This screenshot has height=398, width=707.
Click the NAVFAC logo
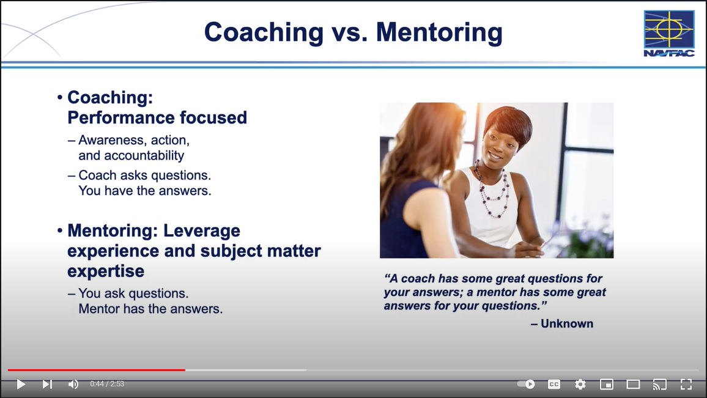tap(669, 34)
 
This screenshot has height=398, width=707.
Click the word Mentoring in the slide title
tap(439, 32)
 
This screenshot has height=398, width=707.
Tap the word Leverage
tap(202, 230)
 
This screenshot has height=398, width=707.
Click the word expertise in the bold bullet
tap(106, 271)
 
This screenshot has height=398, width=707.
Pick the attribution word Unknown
tap(567, 323)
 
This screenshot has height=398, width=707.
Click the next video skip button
tap(47, 384)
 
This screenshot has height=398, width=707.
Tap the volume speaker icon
tap(73, 384)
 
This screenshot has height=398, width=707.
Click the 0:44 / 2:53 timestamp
tap(107, 384)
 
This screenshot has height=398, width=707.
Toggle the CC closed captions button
tap(554, 384)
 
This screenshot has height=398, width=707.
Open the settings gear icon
tap(580, 384)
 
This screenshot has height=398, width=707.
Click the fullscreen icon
tap(686, 384)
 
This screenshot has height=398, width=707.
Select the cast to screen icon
tap(660, 384)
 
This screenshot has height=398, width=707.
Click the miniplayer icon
tap(607, 384)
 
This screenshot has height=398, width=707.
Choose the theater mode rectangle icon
tap(633, 384)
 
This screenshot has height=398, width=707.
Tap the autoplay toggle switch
tap(526, 384)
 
